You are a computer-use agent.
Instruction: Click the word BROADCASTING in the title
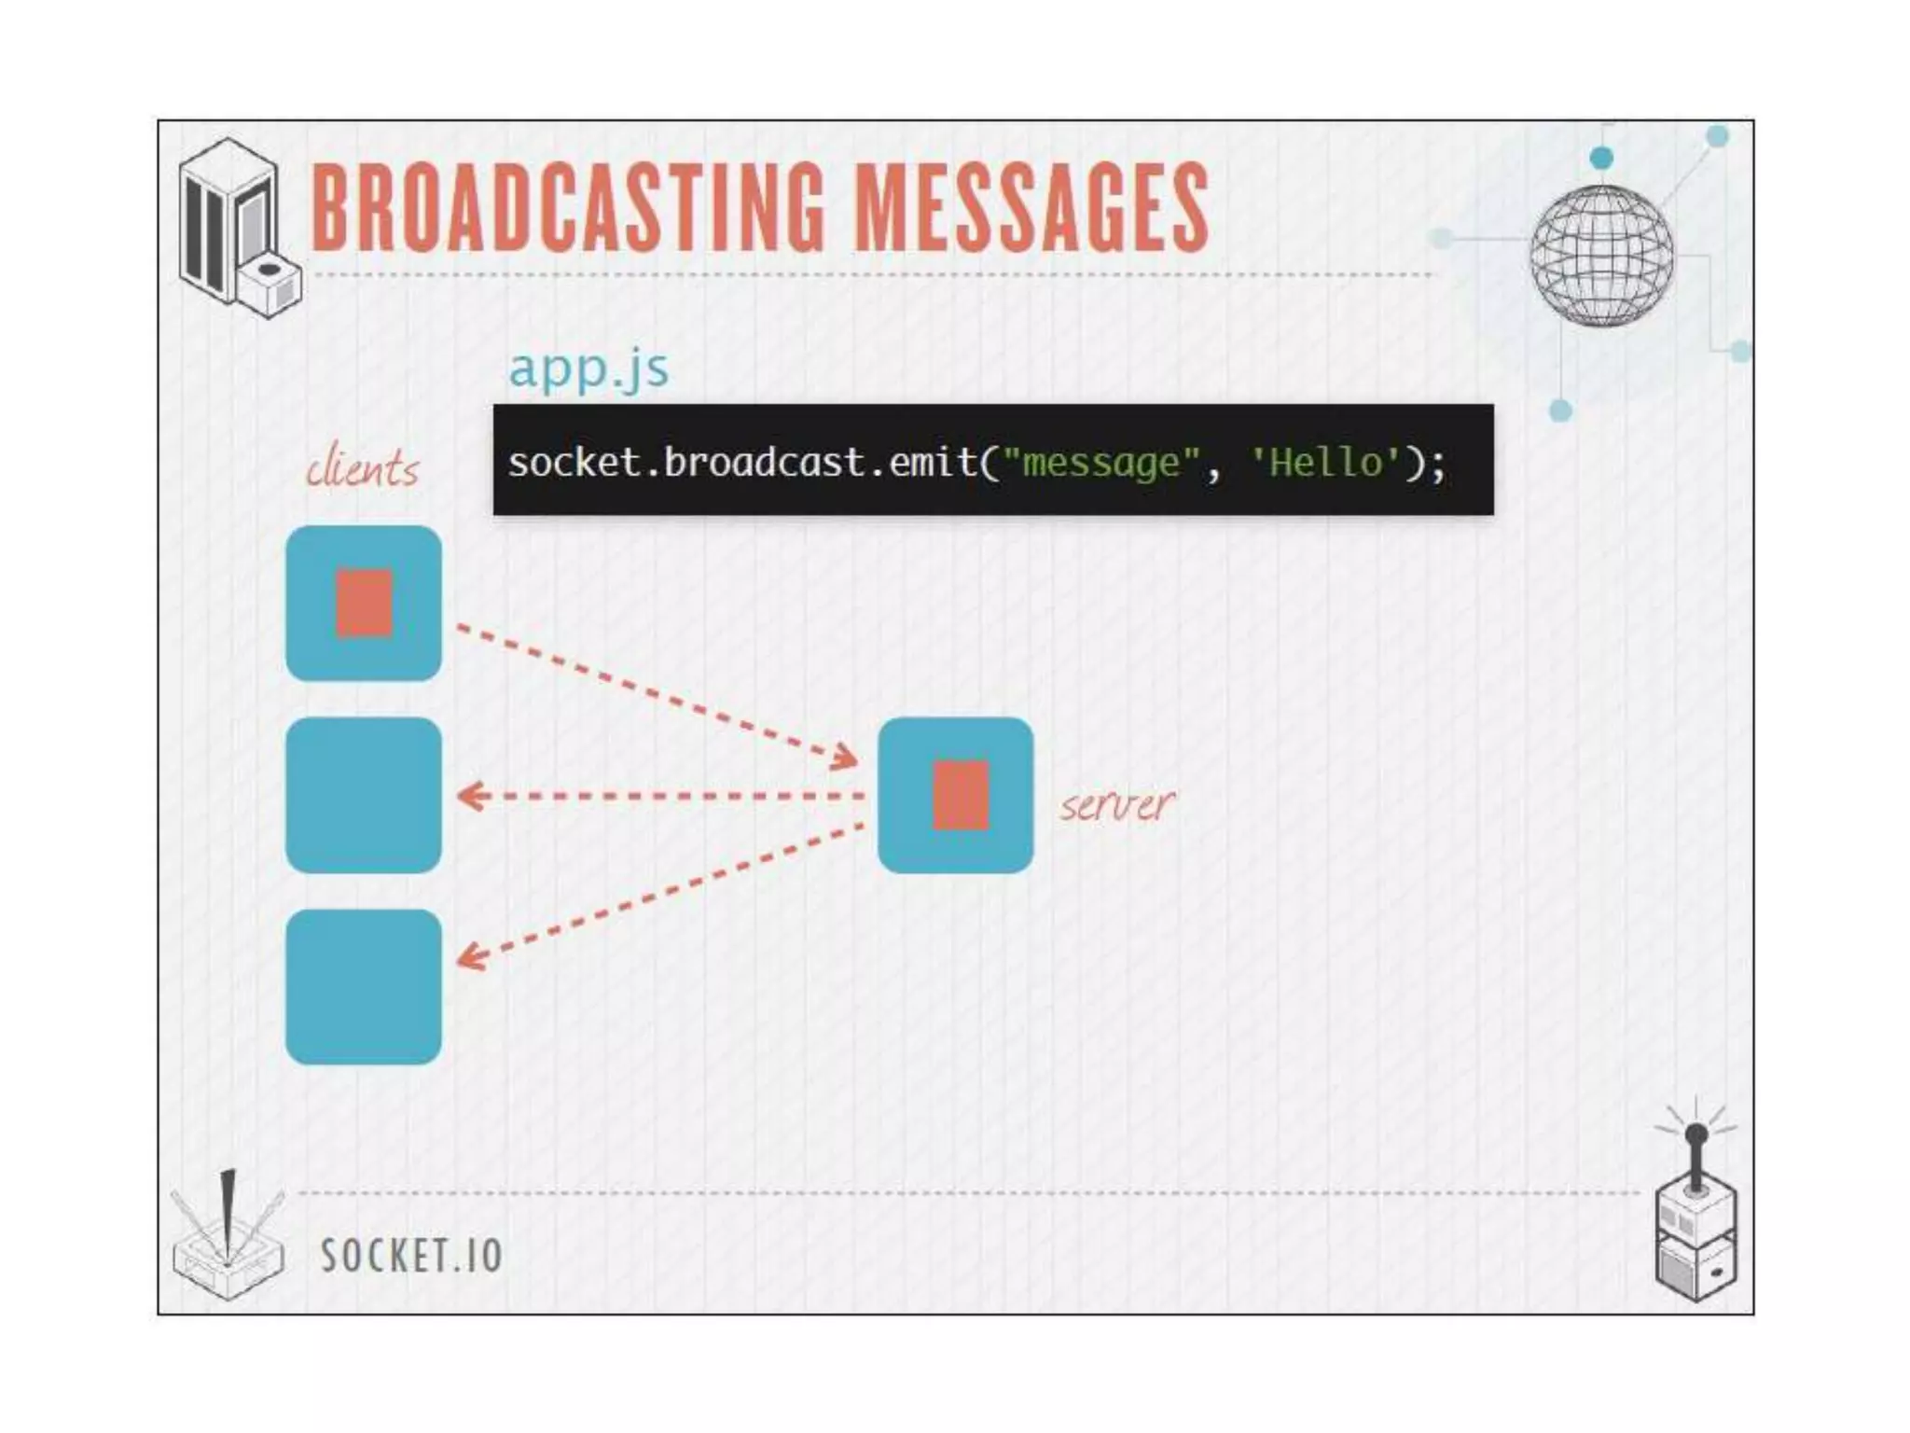coord(567,207)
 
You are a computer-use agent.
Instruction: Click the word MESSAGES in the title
coord(1031,207)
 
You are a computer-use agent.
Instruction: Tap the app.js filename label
coord(588,369)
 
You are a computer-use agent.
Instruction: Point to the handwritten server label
coord(1116,803)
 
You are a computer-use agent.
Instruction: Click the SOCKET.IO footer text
coord(411,1255)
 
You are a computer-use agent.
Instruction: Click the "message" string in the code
coord(1100,462)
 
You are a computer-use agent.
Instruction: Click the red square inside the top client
coord(364,604)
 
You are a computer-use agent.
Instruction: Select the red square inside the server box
coord(961,795)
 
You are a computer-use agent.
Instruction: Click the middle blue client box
coord(364,795)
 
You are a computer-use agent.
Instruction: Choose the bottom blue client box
coord(364,987)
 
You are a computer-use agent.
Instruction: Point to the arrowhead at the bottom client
coord(470,957)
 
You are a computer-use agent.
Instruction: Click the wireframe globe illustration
coord(1601,256)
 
